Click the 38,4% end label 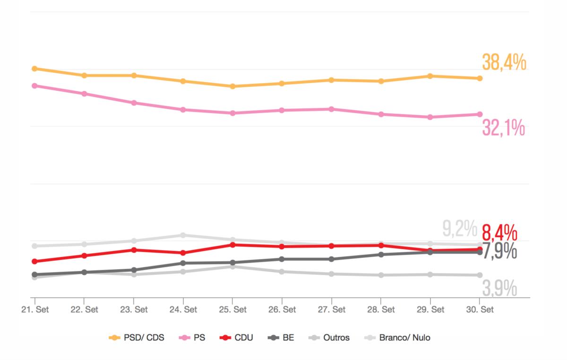(x=504, y=63)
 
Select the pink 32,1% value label (x=503, y=128)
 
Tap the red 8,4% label (x=499, y=233)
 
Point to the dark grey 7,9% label (x=499, y=251)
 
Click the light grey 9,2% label (x=460, y=229)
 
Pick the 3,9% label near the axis (x=499, y=288)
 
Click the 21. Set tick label (x=35, y=310)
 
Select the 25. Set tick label (x=232, y=310)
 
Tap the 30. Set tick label (x=480, y=310)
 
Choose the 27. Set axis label (x=331, y=310)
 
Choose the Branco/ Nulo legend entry (x=398, y=338)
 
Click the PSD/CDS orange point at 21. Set (x=34, y=69)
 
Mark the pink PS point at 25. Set (x=232, y=113)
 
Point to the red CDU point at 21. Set (x=34, y=261)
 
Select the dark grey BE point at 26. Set (x=282, y=259)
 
